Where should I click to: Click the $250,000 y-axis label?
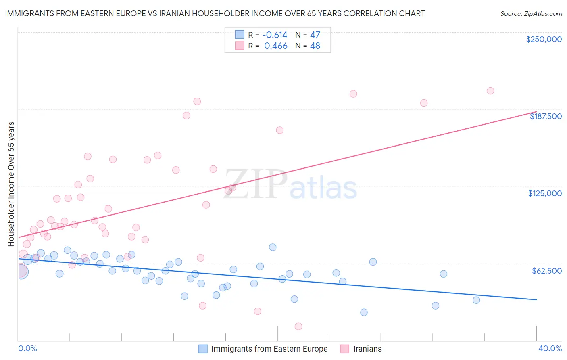[x=544, y=39]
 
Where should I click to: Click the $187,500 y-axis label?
[x=545, y=116]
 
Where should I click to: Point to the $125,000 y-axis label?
[x=545, y=193]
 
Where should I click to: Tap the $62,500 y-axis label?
[x=546, y=271]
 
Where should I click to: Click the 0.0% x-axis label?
[x=27, y=348]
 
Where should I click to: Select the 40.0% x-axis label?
[x=550, y=348]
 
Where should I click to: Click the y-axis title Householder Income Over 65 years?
[x=11, y=184]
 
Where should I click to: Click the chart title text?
[x=215, y=13]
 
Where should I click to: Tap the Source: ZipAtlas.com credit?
[x=531, y=14]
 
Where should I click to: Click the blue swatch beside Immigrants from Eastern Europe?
[x=203, y=349]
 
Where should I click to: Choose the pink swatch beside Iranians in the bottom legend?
[x=344, y=349]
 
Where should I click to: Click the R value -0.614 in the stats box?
[x=275, y=35]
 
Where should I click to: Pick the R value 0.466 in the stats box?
[x=276, y=46]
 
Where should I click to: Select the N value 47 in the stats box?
[x=315, y=35]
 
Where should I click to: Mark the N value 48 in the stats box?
[x=315, y=46]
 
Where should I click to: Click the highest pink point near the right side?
[x=490, y=91]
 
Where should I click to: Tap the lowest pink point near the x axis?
[x=298, y=327]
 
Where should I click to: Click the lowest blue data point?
[x=364, y=312]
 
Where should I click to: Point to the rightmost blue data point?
[x=476, y=300]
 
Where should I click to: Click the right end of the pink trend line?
[x=536, y=112]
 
